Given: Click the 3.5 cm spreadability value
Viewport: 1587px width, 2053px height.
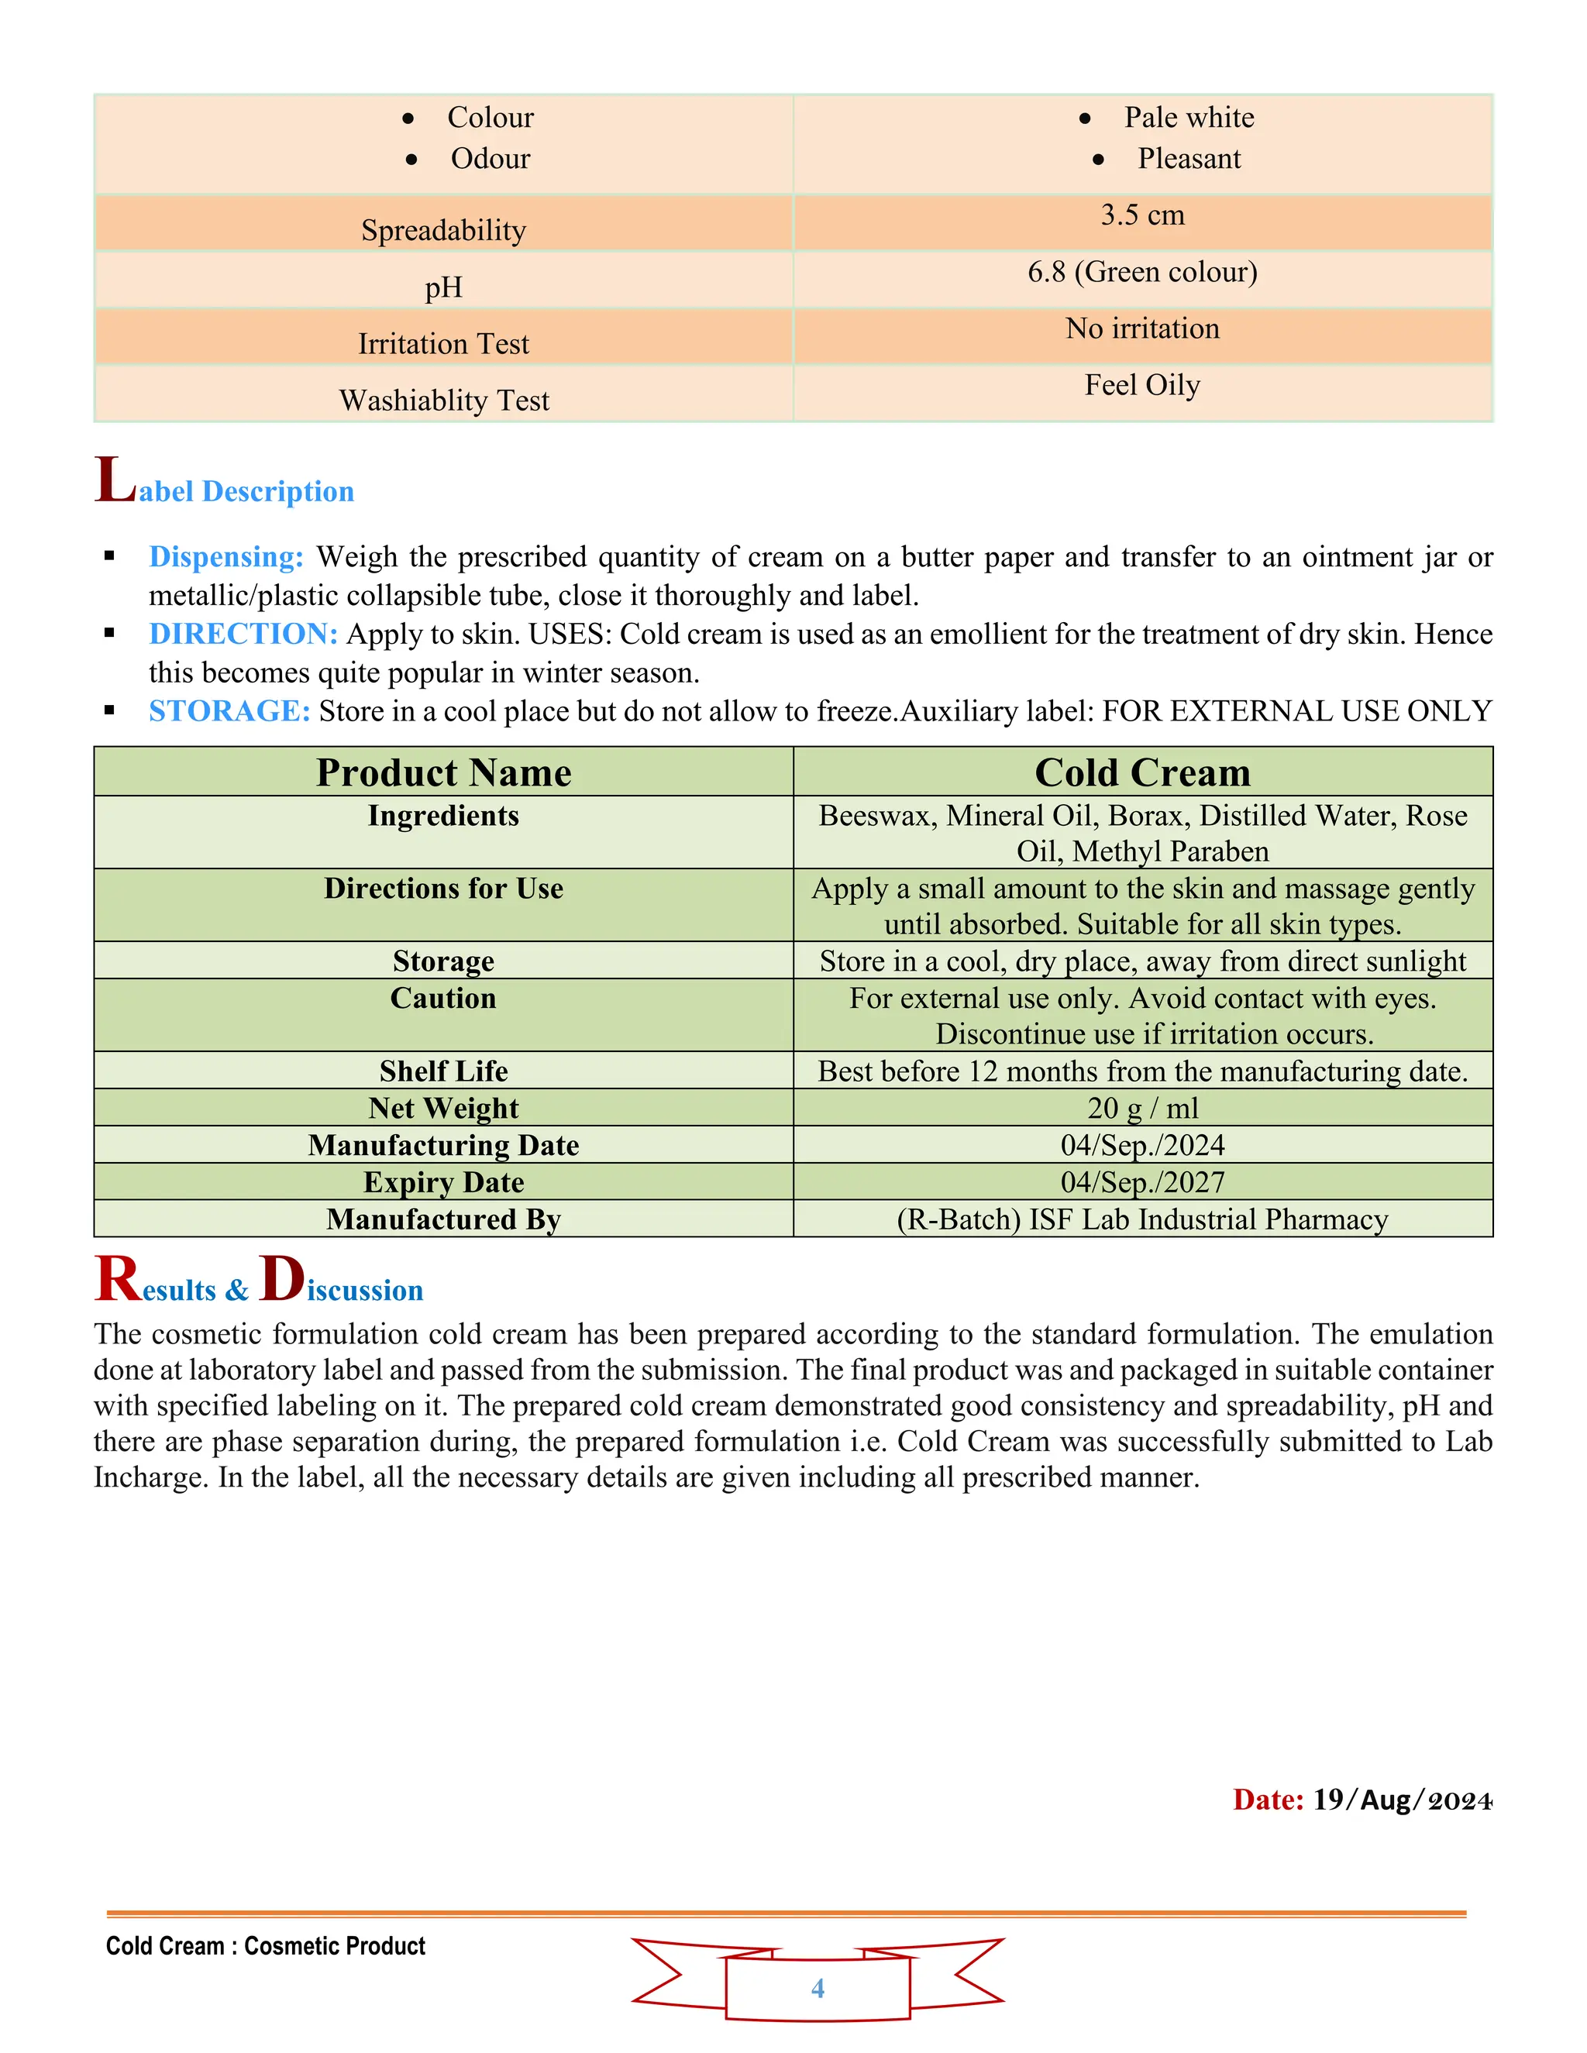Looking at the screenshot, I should point(1141,215).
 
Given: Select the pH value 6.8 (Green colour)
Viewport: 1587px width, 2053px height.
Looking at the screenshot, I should point(1141,272).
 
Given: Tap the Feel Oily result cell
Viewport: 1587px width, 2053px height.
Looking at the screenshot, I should point(1141,384).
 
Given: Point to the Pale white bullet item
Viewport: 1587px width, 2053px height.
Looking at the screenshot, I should point(1189,118).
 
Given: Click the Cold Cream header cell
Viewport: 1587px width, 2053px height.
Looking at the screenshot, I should point(1141,772).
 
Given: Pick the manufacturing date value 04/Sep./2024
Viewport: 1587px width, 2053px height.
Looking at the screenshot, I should point(1141,1145).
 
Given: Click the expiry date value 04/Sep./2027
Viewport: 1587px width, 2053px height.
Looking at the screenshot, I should point(1141,1181).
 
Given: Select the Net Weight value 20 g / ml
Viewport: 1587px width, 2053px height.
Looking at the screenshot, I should point(1141,1109).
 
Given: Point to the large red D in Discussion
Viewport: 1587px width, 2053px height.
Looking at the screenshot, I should point(281,1278).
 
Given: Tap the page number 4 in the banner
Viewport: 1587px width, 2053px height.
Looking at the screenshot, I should point(817,1988).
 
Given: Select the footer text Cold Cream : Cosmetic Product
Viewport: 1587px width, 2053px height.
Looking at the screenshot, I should point(265,1946).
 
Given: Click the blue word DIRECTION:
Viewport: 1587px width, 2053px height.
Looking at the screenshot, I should point(243,634).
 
